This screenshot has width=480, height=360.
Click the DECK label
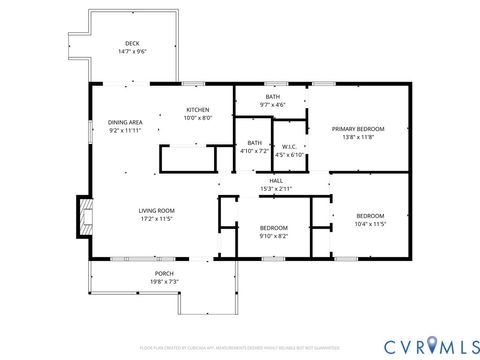pyautogui.click(x=131, y=43)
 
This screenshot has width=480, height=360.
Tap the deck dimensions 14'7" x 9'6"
pyautogui.click(x=131, y=51)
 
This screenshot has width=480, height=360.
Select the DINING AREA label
pyautogui.click(x=125, y=122)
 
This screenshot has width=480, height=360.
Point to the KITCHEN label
pyautogui.click(x=196, y=110)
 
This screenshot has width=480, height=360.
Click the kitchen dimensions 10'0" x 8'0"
pyautogui.click(x=196, y=118)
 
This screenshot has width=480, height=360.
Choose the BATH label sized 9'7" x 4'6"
pyautogui.click(x=272, y=97)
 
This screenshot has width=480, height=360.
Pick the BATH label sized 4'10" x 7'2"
pyautogui.click(x=254, y=143)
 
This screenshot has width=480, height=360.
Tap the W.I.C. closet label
pyautogui.click(x=289, y=146)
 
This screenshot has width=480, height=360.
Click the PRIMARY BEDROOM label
pyautogui.click(x=358, y=128)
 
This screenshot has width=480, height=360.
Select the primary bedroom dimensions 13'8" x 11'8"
pyautogui.click(x=358, y=136)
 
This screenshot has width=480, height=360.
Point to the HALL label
pyautogui.click(x=276, y=180)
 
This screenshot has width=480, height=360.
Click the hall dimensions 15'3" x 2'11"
pyautogui.click(x=276, y=188)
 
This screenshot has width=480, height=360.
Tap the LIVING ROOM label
pyautogui.click(x=157, y=210)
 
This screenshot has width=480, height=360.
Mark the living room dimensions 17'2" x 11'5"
pyautogui.click(x=157, y=218)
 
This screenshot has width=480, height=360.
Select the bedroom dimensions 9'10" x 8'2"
pyautogui.click(x=274, y=236)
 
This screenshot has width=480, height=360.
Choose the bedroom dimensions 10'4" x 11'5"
pyautogui.click(x=370, y=224)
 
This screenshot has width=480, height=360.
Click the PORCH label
pyautogui.click(x=164, y=273)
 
